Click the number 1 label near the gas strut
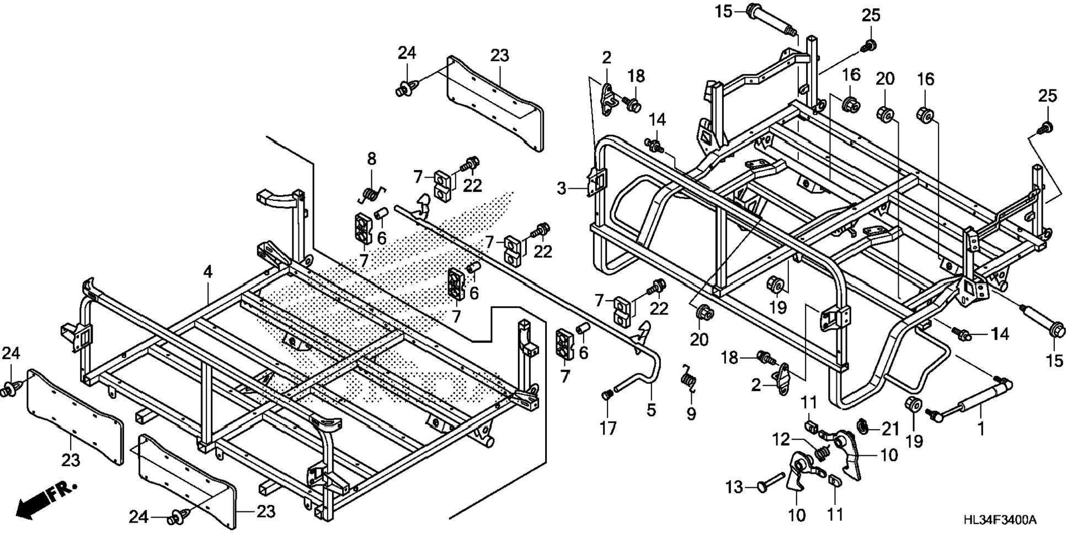tap(981, 428)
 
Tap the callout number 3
tap(561, 189)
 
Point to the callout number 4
tap(207, 271)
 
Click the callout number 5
tap(651, 410)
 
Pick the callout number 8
tap(372, 159)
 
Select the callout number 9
tap(691, 413)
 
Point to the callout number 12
tap(781, 440)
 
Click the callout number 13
tap(734, 487)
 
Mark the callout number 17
tap(607, 428)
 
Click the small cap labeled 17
tap(607, 395)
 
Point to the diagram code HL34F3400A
tap(1000, 520)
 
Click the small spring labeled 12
tap(822, 451)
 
